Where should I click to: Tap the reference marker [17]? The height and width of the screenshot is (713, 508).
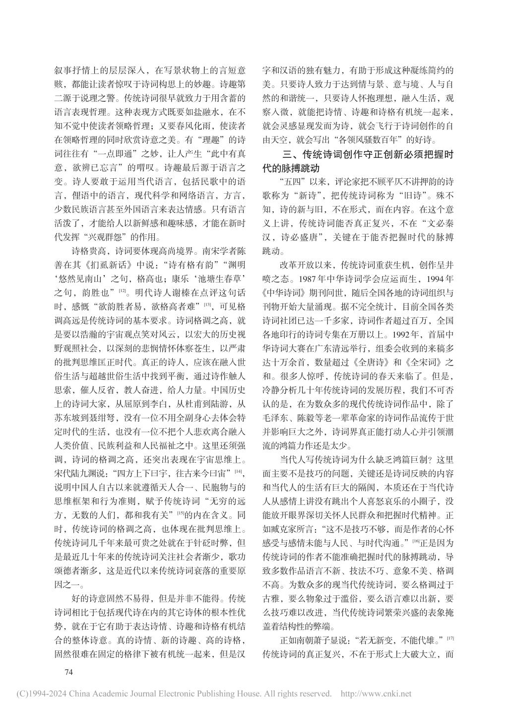tap(450, 638)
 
